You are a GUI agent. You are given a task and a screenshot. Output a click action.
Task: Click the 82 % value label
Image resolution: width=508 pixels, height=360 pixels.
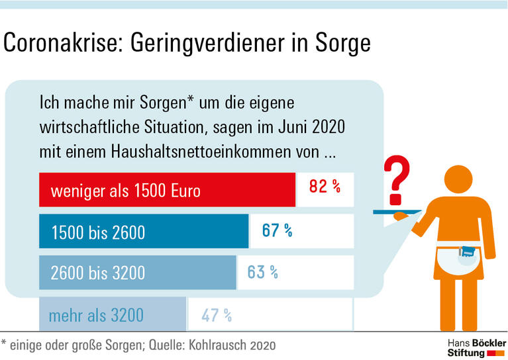pyautogui.click(x=325, y=187)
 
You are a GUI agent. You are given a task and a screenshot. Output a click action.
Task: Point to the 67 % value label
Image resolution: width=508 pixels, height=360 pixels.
pyautogui.click(x=277, y=230)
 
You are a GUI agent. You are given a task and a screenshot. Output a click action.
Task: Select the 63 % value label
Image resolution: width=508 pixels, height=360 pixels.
pyautogui.click(x=262, y=271)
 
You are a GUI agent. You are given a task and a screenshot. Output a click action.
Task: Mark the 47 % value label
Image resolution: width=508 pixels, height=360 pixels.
pyautogui.click(x=217, y=316)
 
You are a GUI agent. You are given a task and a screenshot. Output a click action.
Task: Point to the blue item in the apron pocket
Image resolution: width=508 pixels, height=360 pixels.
pyautogui.click(x=469, y=252)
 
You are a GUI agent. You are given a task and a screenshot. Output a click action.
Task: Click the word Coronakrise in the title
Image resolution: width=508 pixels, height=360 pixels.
pyautogui.click(x=62, y=43)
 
